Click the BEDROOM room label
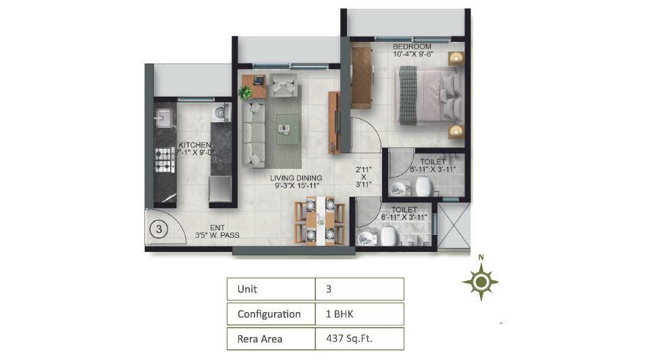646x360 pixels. tap(412, 47)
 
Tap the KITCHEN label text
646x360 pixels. tap(195, 145)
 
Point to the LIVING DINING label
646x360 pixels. tap(296, 178)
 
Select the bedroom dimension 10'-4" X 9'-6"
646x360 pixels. tap(413, 54)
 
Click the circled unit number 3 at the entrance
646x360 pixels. tap(159, 229)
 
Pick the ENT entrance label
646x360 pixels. tap(217, 228)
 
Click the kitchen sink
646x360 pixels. tap(163, 118)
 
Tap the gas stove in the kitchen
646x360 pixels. tap(165, 159)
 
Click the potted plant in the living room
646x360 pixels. tap(245, 93)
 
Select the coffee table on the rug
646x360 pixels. tap(287, 128)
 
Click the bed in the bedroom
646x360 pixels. tap(429, 96)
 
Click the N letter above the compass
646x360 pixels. tap(481, 257)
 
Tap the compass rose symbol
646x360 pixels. tap(481, 282)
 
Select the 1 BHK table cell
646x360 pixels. tap(360, 314)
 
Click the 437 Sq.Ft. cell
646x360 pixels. tap(360, 339)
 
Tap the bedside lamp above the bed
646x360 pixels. tap(456, 58)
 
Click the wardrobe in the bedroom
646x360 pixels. tap(362, 78)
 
